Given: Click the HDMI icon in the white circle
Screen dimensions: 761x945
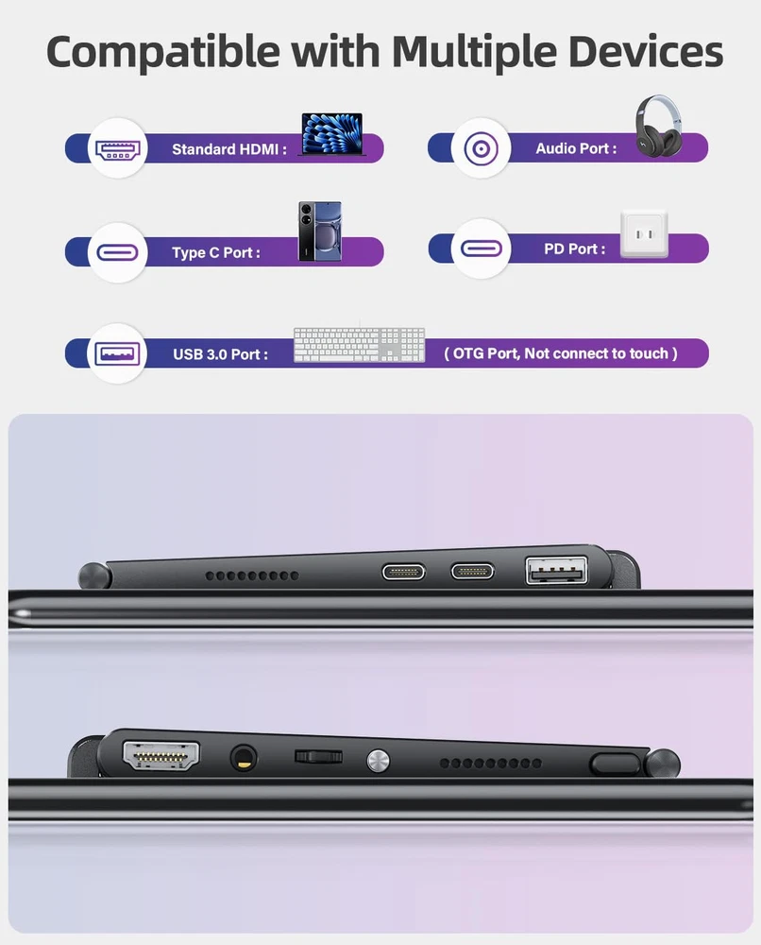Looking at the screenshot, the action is (118, 149).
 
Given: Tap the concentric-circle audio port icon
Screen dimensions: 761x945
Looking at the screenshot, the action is (481, 148).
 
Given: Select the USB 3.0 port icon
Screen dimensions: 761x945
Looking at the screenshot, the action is (117, 353).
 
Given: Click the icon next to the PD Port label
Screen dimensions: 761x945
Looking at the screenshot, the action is (481, 249).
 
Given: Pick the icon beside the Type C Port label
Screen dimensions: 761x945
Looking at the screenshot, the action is (117, 252).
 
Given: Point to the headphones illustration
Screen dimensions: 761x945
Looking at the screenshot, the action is (659, 126).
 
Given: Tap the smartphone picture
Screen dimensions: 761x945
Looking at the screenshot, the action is (320, 232).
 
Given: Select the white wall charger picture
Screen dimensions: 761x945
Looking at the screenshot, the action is (644, 233).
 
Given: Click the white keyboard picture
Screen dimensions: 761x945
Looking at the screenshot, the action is (360, 345).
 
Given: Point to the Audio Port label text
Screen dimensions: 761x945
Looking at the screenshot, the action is (576, 149).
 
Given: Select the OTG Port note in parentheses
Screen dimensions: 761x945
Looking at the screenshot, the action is (561, 353).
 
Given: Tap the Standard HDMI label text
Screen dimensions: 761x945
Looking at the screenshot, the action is (229, 149).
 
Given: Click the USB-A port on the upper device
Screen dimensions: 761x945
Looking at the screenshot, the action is (556, 570).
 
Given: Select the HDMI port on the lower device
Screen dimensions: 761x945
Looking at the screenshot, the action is (161, 756).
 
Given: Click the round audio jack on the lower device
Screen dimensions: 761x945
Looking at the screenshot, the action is (244, 758).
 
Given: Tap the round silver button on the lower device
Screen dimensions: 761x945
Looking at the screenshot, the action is (378, 761).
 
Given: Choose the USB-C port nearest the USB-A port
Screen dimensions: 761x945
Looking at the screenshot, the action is (473, 572).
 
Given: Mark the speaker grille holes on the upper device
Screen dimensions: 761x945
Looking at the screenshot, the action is (252, 576).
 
